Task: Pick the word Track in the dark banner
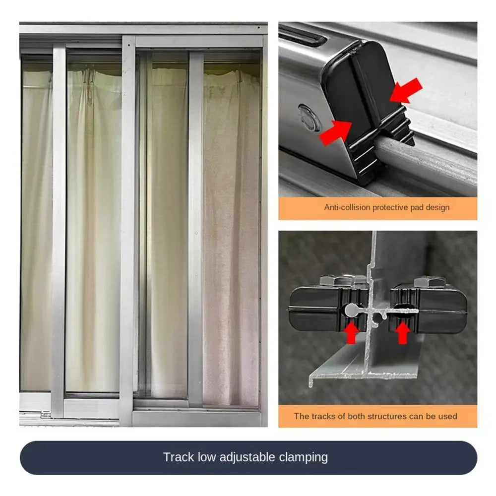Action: click(x=178, y=457)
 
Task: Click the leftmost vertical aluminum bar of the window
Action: click(x=59, y=223)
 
